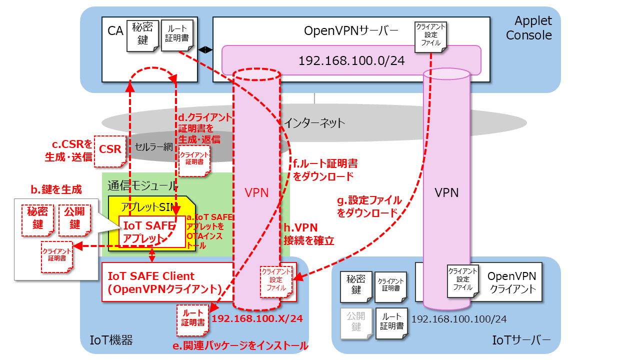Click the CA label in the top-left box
115,31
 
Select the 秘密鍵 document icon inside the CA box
142,35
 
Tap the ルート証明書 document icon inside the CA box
177,35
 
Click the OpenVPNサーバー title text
351,31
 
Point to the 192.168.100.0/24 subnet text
351,60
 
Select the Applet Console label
529,28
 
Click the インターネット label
314,123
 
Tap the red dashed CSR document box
110,151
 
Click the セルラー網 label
153,147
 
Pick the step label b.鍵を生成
56,189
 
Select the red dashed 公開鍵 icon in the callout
74,220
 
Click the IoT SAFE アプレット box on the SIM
152,231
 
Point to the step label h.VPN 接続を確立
309,234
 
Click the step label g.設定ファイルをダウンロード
369,206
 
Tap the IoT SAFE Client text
151,276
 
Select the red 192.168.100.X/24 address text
257,318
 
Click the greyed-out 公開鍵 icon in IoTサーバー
356,323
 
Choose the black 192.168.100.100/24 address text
459,319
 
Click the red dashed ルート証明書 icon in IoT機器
193,320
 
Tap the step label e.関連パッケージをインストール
240,345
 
